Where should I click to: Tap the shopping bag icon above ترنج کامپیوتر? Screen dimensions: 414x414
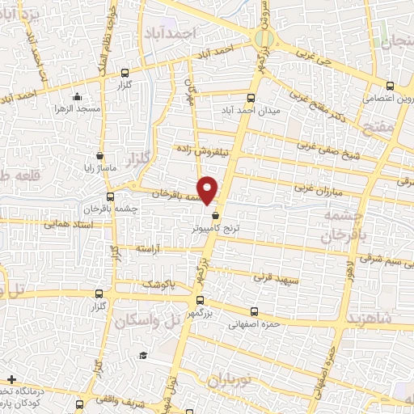pyautogui.click(x=214, y=215)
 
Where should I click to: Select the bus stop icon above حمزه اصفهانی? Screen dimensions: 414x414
pyautogui.click(x=256, y=312)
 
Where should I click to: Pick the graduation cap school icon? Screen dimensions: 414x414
pyautogui.click(x=143, y=356)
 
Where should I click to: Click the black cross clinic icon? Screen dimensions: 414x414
pyautogui.click(x=12, y=379)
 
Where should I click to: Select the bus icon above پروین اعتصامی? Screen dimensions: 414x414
pyautogui.click(x=390, y=86)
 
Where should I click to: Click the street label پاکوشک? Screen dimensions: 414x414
pyautogui.click(x=158, y=285)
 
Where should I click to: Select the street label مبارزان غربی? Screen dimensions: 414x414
pyautogui.click(x=312, y=189)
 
